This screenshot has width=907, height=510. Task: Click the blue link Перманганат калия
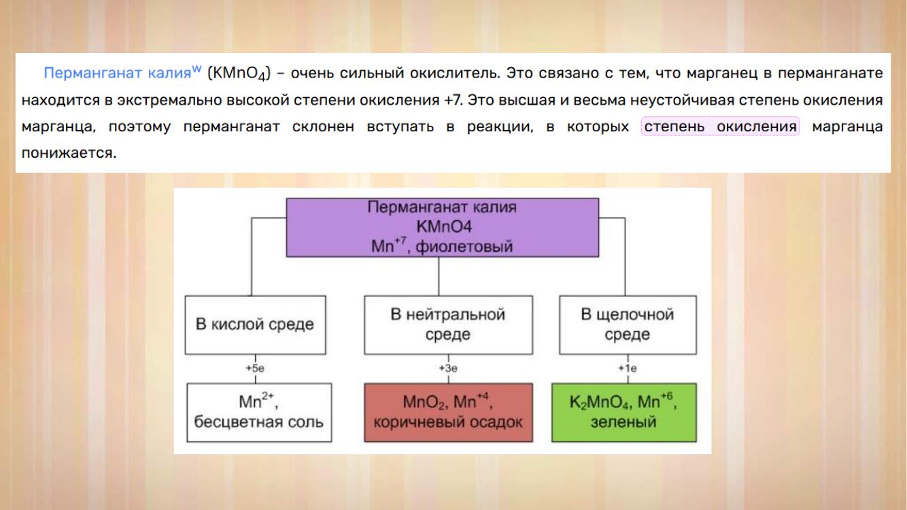point(117,73)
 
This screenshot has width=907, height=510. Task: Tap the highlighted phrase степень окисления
point(720,126)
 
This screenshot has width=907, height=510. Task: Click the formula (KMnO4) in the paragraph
point(239,73)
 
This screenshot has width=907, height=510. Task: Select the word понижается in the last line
point(69,153)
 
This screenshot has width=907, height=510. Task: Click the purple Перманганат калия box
point(442,227)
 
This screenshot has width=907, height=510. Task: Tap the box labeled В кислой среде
point(255,325)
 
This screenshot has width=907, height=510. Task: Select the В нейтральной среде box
point(448,325)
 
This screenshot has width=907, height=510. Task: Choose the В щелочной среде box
point(628,325)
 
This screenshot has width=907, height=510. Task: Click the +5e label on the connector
point(255,369)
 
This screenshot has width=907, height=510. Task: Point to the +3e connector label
point(448,369)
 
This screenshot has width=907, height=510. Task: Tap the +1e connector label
point(627,369)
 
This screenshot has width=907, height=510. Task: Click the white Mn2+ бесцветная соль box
point(259,412)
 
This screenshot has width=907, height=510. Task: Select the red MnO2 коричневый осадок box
point(448,412)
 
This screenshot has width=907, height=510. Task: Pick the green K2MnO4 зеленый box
point(624,412)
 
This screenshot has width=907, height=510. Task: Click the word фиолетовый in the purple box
point(464,246)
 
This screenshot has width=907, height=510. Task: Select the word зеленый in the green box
point(623,422)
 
